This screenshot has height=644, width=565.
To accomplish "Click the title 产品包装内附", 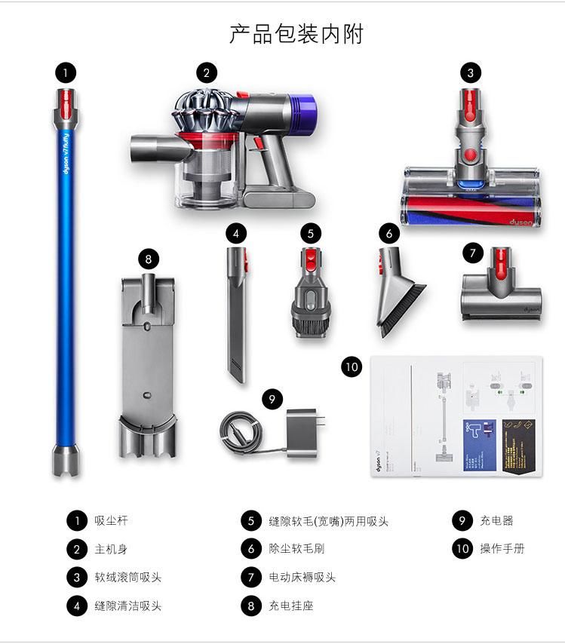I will pyautogui.click(x=296, y=34).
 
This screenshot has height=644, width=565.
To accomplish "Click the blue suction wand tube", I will pyautogui.click(x=66, y=287).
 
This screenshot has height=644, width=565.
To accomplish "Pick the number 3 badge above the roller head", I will pyautogui.click(x=471, y=73).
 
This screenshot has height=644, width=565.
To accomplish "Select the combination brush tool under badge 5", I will pyautogui.click(x=309, y=294).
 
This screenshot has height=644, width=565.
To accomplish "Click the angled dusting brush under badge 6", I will pyautogui.click(x=398, y=290).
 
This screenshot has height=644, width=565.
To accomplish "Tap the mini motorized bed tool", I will pyautogui.click(x=501, y=290).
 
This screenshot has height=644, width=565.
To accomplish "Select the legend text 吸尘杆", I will pyautogui.click(x=112, y=521).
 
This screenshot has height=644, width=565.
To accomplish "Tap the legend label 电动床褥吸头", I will pyautogui.click(x=302, y=578).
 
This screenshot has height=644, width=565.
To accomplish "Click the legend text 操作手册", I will pyautogui.click(x=502, y=549).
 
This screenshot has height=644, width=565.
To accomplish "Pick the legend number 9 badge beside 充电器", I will pyautogui.click(x=462, y=521).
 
